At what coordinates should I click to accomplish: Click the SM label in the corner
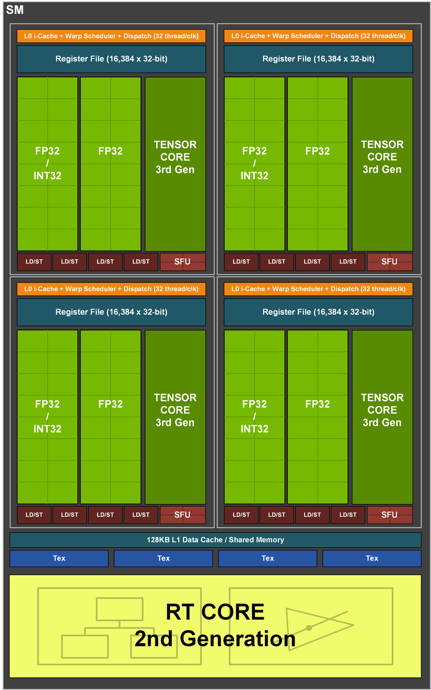pyautogui.click(x=15, y=10)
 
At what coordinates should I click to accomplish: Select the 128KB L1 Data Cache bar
pyautogui.click(x=215, y=540)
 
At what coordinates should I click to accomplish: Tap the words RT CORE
pyautogui.click(x=215, y=612)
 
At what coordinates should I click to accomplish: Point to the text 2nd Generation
pyautogui.click(x=215, y=639)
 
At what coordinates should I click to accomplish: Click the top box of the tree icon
pyautogui.click(x=120, y=609)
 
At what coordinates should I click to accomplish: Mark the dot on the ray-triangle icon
pyautogui.click(x=309, y=628)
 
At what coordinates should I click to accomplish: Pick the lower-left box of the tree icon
pyautogui.click(x=85, y=647)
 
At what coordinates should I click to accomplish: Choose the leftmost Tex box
pyautogui.click(x=59, y=558)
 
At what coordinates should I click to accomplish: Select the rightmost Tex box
pyautogui.click(x=372, y=558)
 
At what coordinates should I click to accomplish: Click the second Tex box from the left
pyautogui.click(x=163, y=558)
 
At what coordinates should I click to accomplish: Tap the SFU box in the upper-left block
pyautogui.click(x=183, y=261)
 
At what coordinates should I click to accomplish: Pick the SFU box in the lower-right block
pyautogui.click(x=389, y=514)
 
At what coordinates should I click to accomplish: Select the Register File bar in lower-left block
pyautogui.click(x=112, y=312)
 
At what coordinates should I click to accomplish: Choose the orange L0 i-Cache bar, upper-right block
pyautogui.click(x=318, y=36)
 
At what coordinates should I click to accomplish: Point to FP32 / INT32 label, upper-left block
pyautogui.click(x=48, y=163)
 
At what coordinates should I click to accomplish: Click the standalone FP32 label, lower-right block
pyautogui.click(x=318, y=404)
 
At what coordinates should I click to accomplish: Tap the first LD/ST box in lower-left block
pyautogui.click(x=34, y=514)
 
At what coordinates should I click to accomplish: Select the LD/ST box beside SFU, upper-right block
pyautogui.click(x=348, y=261)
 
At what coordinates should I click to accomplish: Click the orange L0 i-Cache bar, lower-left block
pyautogui.click(x=112, y=289)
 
